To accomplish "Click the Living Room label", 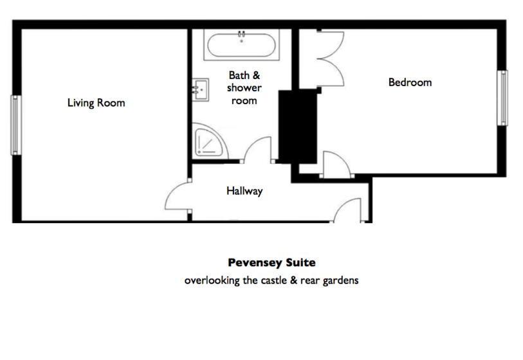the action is (96, 103).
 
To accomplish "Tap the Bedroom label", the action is (410, 82).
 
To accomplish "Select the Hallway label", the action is (244, 191).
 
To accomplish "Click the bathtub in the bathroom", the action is (241, 45).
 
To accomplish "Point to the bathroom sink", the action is (201, 89).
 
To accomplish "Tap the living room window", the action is (15, 125).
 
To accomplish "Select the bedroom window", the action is (502, 98).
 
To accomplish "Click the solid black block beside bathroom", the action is (297, 127).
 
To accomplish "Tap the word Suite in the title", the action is (301, 263).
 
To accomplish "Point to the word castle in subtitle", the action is (273, 280).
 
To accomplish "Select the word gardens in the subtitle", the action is (340, 281).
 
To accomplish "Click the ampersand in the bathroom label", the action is (256, 75).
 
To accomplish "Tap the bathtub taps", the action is (241, 34).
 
